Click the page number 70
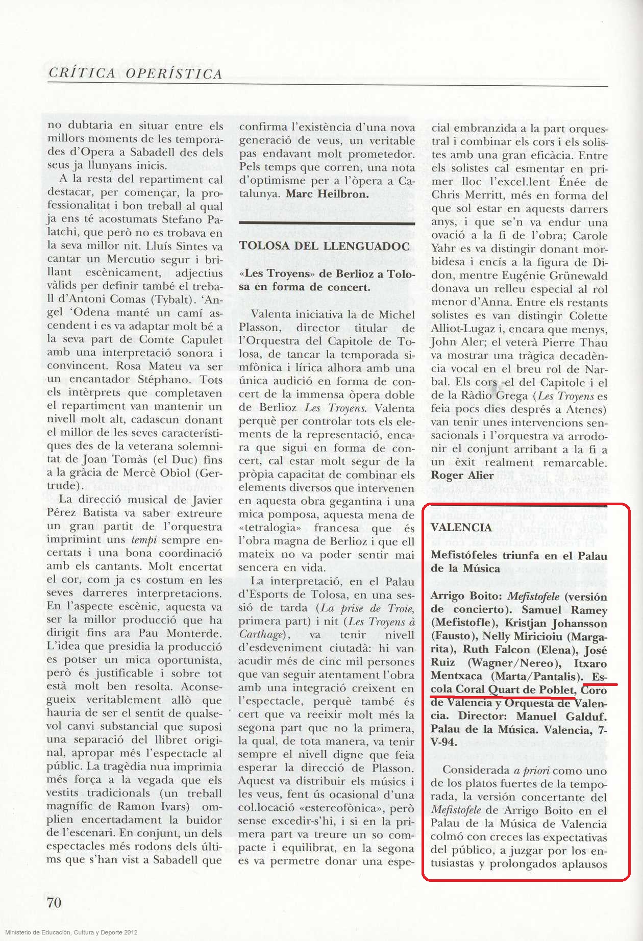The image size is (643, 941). click(54, 902)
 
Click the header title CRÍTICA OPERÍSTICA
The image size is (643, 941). click(135, 73)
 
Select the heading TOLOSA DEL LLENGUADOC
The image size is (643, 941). click(325, 246)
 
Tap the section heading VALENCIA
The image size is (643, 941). click(461, 527)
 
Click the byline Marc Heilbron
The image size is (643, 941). click(327, 194)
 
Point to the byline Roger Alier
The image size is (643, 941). click(462, 475)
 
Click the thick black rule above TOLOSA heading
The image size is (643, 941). click(327, 223)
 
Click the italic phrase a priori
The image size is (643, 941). click(531, 771)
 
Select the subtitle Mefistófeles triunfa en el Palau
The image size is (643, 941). click(518, 555)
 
